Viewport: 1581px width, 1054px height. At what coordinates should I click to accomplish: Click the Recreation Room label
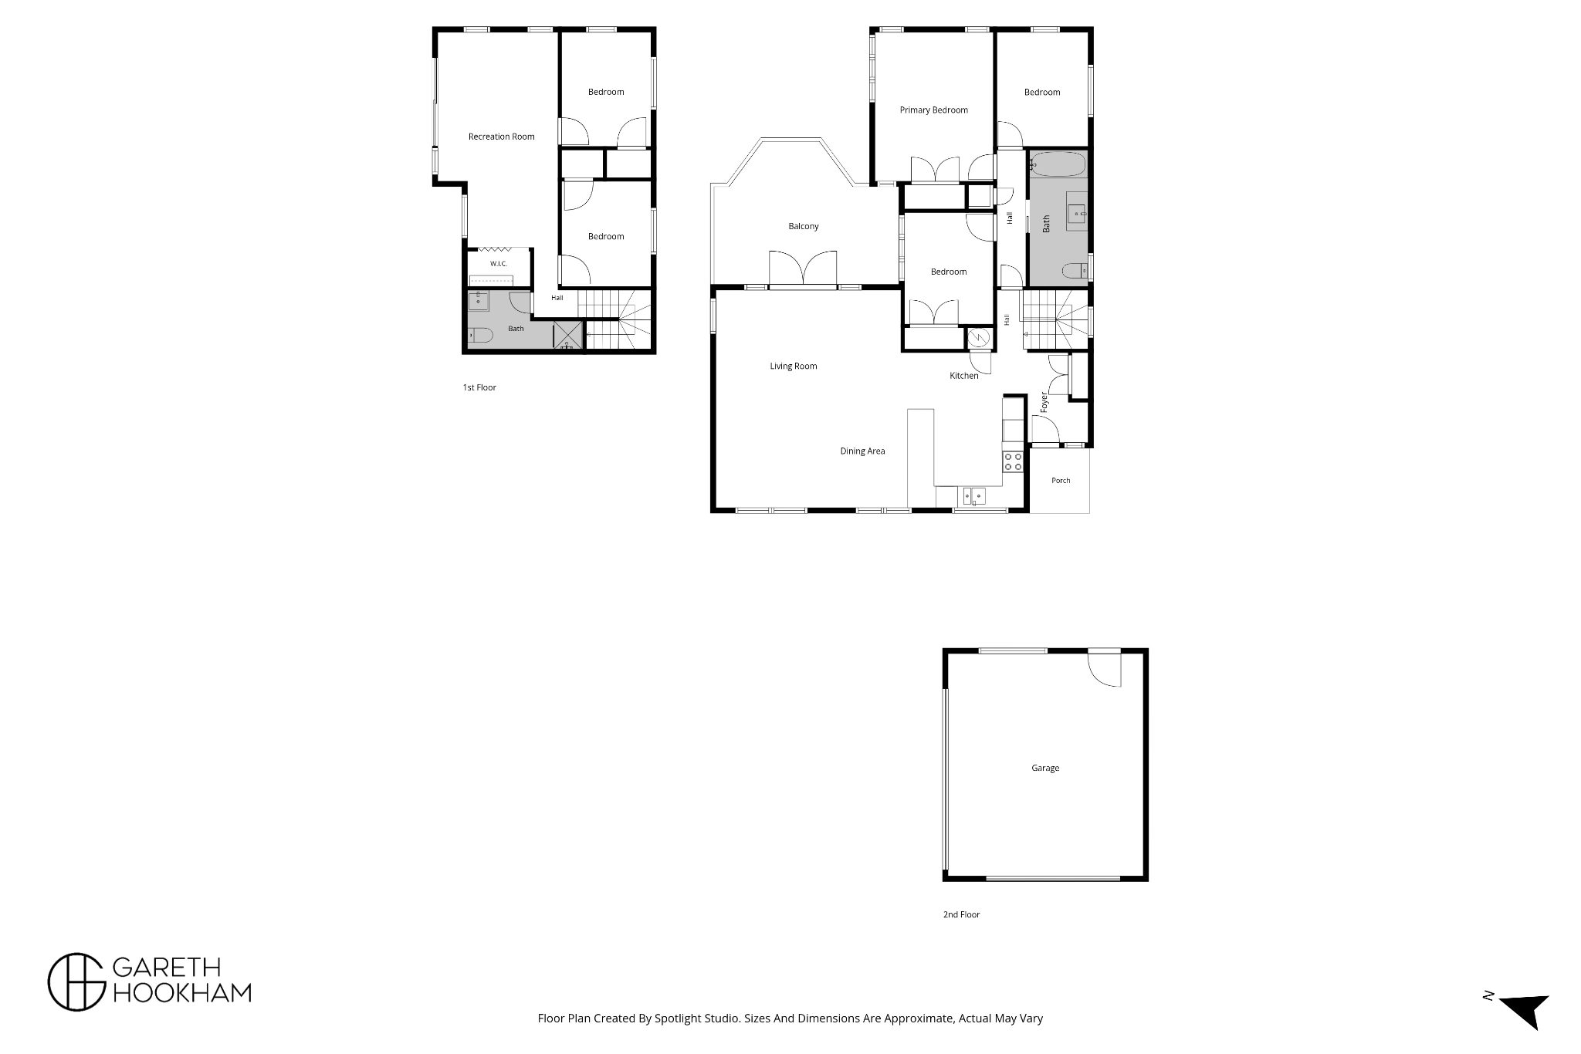click(501, 137)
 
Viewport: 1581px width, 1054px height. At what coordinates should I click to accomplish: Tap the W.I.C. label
click(499, 264)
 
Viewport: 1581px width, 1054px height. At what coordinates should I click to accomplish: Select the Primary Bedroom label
click(933, 110)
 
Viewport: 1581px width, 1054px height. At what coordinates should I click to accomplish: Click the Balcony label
click(804, 226)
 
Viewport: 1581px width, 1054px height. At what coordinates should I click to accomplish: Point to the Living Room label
click(793, 366)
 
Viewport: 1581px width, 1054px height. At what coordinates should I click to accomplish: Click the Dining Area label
click(862, 451)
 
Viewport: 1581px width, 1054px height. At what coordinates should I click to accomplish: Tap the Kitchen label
click(963, 376)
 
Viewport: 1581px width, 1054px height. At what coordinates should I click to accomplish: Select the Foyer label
click(1044, 402)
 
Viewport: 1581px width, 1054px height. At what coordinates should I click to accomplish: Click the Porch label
click(1061, 480)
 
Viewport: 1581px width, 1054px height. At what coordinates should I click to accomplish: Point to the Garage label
click(1045, 768)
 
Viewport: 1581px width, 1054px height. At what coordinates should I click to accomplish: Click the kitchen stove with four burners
click(1014, 461)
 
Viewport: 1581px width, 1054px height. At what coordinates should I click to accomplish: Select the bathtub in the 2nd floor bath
click(1058, 164)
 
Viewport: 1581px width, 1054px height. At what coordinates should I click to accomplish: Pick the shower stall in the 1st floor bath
click(570, 336)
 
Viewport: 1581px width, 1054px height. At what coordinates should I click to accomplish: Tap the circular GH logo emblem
click(76, 981)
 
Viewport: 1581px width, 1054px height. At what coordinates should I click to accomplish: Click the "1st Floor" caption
click(479, 387)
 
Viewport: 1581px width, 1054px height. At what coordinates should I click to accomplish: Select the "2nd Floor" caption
click(961, 914)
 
